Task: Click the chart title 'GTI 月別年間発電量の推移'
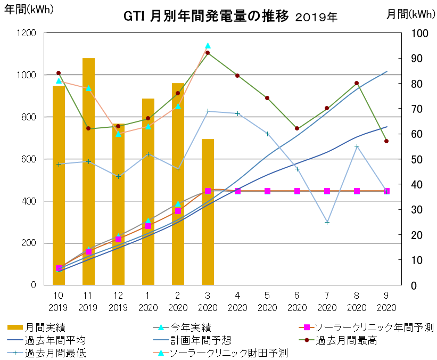(x=206, y=17)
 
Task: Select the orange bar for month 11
(x=88, y=170)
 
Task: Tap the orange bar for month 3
(x=208, y=213)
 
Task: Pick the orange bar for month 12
(x=118, y=205)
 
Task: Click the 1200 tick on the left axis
(x=27, y=33)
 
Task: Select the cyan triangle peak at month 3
(x=208, y=46)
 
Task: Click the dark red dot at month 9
(x=386, y=141)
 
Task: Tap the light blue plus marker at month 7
(x=327, y=222)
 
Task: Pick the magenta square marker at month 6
(x=297, y=191)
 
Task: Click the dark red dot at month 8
(x=357, y=83)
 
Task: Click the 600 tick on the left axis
(x=29, y=159)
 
